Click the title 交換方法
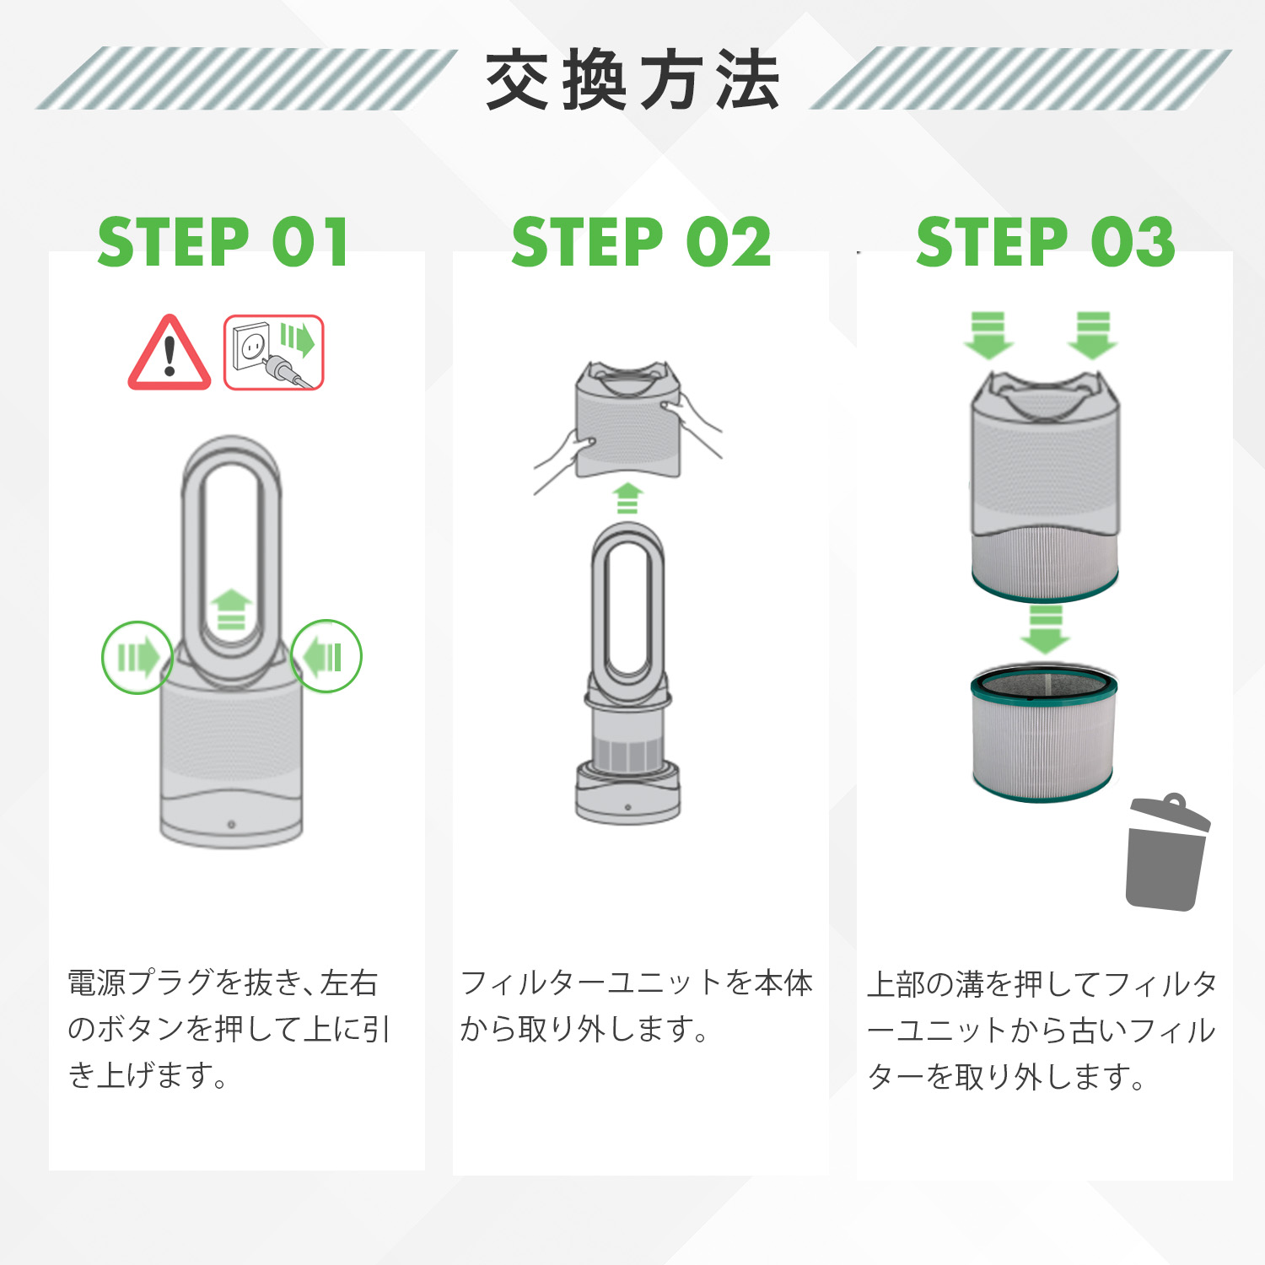(632, 80)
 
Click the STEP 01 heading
(223, 243)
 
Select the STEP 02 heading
(641, 243)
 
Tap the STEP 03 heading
(1046, 243)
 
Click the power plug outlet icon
(273, 353)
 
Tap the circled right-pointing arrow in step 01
(137, 657)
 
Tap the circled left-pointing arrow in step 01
(326, 656)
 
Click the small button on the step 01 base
(231, 824)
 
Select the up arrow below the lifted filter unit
(627, 498)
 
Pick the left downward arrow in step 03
(988, 335)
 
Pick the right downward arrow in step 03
(1093, 335)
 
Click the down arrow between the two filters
(1045, 629)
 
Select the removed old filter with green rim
(1044, 732)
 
